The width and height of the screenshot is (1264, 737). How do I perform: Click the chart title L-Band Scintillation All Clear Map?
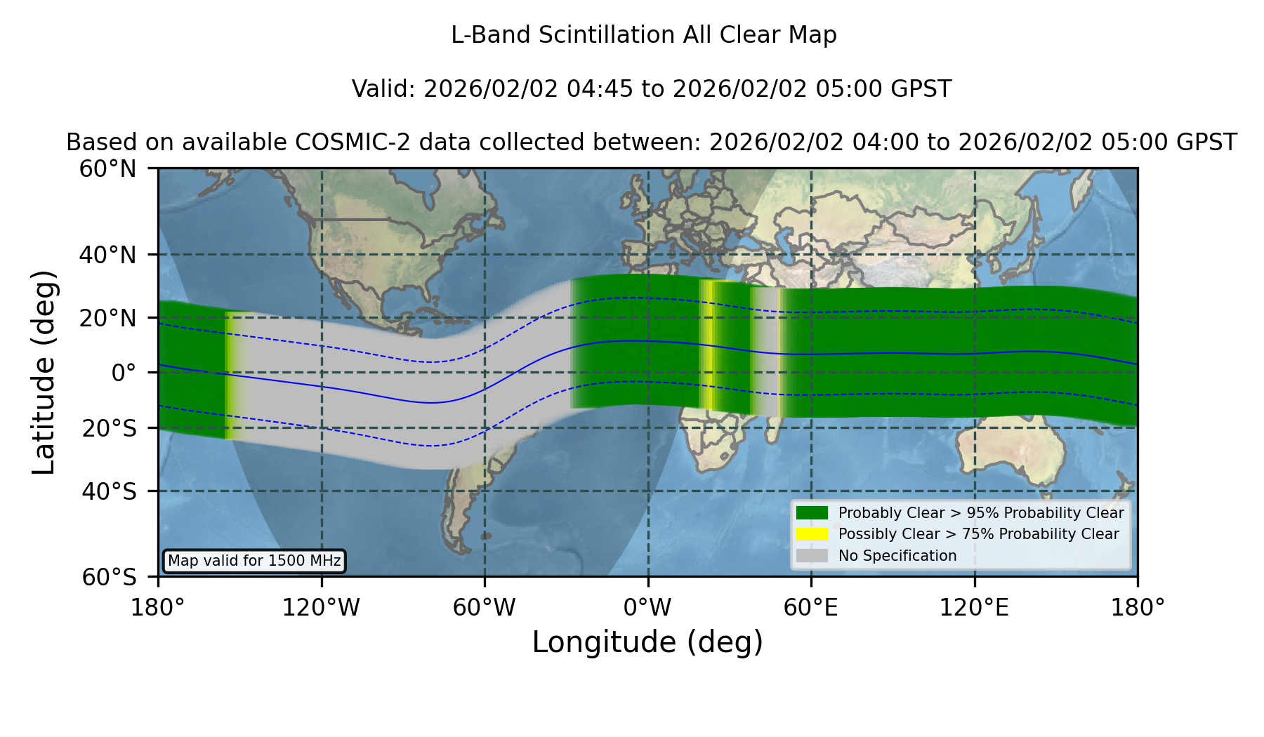coord(643,35)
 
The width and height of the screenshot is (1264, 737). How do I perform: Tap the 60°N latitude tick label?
coord(107,169)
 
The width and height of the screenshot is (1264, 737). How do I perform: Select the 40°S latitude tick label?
coord(109,491)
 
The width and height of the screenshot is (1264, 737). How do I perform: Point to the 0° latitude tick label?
coord(124,373)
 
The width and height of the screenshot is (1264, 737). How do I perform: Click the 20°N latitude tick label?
coord(107,318)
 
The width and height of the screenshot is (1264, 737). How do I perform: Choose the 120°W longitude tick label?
coord(321,608)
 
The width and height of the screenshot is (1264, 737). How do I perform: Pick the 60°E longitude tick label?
coord(811,608)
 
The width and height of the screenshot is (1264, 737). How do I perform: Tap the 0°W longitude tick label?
coord(647,608)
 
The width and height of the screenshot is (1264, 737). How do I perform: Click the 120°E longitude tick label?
coord(974,608)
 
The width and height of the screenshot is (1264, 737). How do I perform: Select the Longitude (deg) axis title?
coord(647,642)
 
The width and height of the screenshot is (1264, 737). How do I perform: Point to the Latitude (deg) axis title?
coord(44,372)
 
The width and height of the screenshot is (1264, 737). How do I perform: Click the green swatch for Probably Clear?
coord(812,513)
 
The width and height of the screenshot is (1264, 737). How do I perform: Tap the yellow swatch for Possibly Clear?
coord(812,534)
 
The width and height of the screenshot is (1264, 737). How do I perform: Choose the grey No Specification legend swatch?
coord(812,556)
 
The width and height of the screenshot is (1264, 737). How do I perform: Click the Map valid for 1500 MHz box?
coord(254,561)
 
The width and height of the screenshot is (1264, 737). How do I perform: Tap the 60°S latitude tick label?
coord(109,578)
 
